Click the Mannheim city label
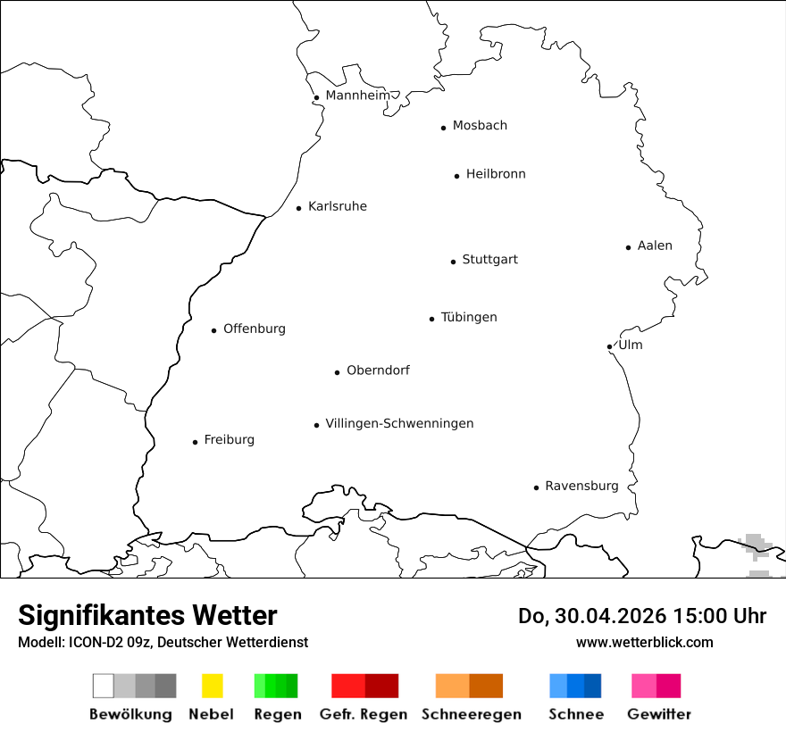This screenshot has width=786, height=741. coord(357,96)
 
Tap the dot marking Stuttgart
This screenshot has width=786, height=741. coord(453,262)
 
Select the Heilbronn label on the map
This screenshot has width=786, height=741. coord(496,174)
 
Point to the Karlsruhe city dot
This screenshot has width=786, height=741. coord(299,209)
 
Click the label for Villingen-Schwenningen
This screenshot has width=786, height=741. coord(399,423)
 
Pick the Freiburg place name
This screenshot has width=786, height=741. coord(229,439)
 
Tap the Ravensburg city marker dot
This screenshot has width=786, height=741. coord(536,487)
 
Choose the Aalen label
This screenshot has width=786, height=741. coord(655,246)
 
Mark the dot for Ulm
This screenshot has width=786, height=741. coord(609,346)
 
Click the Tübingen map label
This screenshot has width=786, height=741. coord(469,317)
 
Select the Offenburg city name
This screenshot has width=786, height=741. coord(255,329)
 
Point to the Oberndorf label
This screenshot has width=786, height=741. coord(378,370)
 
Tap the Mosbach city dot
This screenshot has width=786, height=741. coord(443,128)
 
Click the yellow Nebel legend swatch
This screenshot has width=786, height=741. coord(212,686)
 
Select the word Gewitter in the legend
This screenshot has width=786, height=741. coord(659,714)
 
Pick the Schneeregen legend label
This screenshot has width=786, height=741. coord(472,714)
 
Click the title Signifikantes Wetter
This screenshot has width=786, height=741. coord(147,615)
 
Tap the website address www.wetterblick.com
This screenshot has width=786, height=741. coord(644,642)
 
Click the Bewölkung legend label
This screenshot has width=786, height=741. coord(130,714)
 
